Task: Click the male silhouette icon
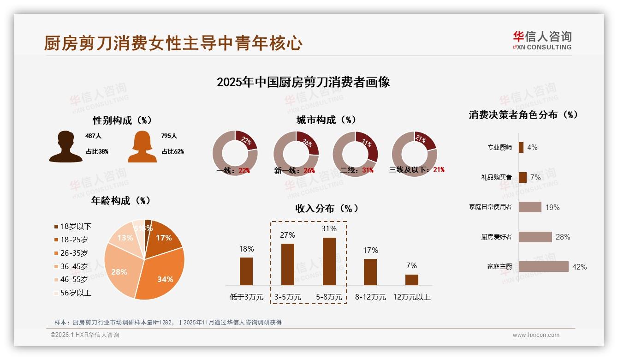click(x=65, y=147)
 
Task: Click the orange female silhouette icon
click(x=142, y=147)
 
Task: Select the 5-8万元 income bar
click(x=329, y=261)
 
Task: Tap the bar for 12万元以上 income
click(x=411, y=280)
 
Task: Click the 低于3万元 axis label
click(x=246, y=297)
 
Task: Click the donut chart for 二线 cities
click(x=355, y=154)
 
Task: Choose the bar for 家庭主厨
click(x=543, y=267)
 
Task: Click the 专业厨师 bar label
click(x=499, y=148)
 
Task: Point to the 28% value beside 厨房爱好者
click(x=563, y=237)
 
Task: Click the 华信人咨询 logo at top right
click(x=542, y=40)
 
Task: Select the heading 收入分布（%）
click(x=327, y=209)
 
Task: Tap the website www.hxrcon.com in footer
click(x=536, y=335)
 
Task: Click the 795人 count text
click(x=169, y=136)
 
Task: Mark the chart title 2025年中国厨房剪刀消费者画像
click(x=303, y=82)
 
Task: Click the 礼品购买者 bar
click(x=523, y=177)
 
